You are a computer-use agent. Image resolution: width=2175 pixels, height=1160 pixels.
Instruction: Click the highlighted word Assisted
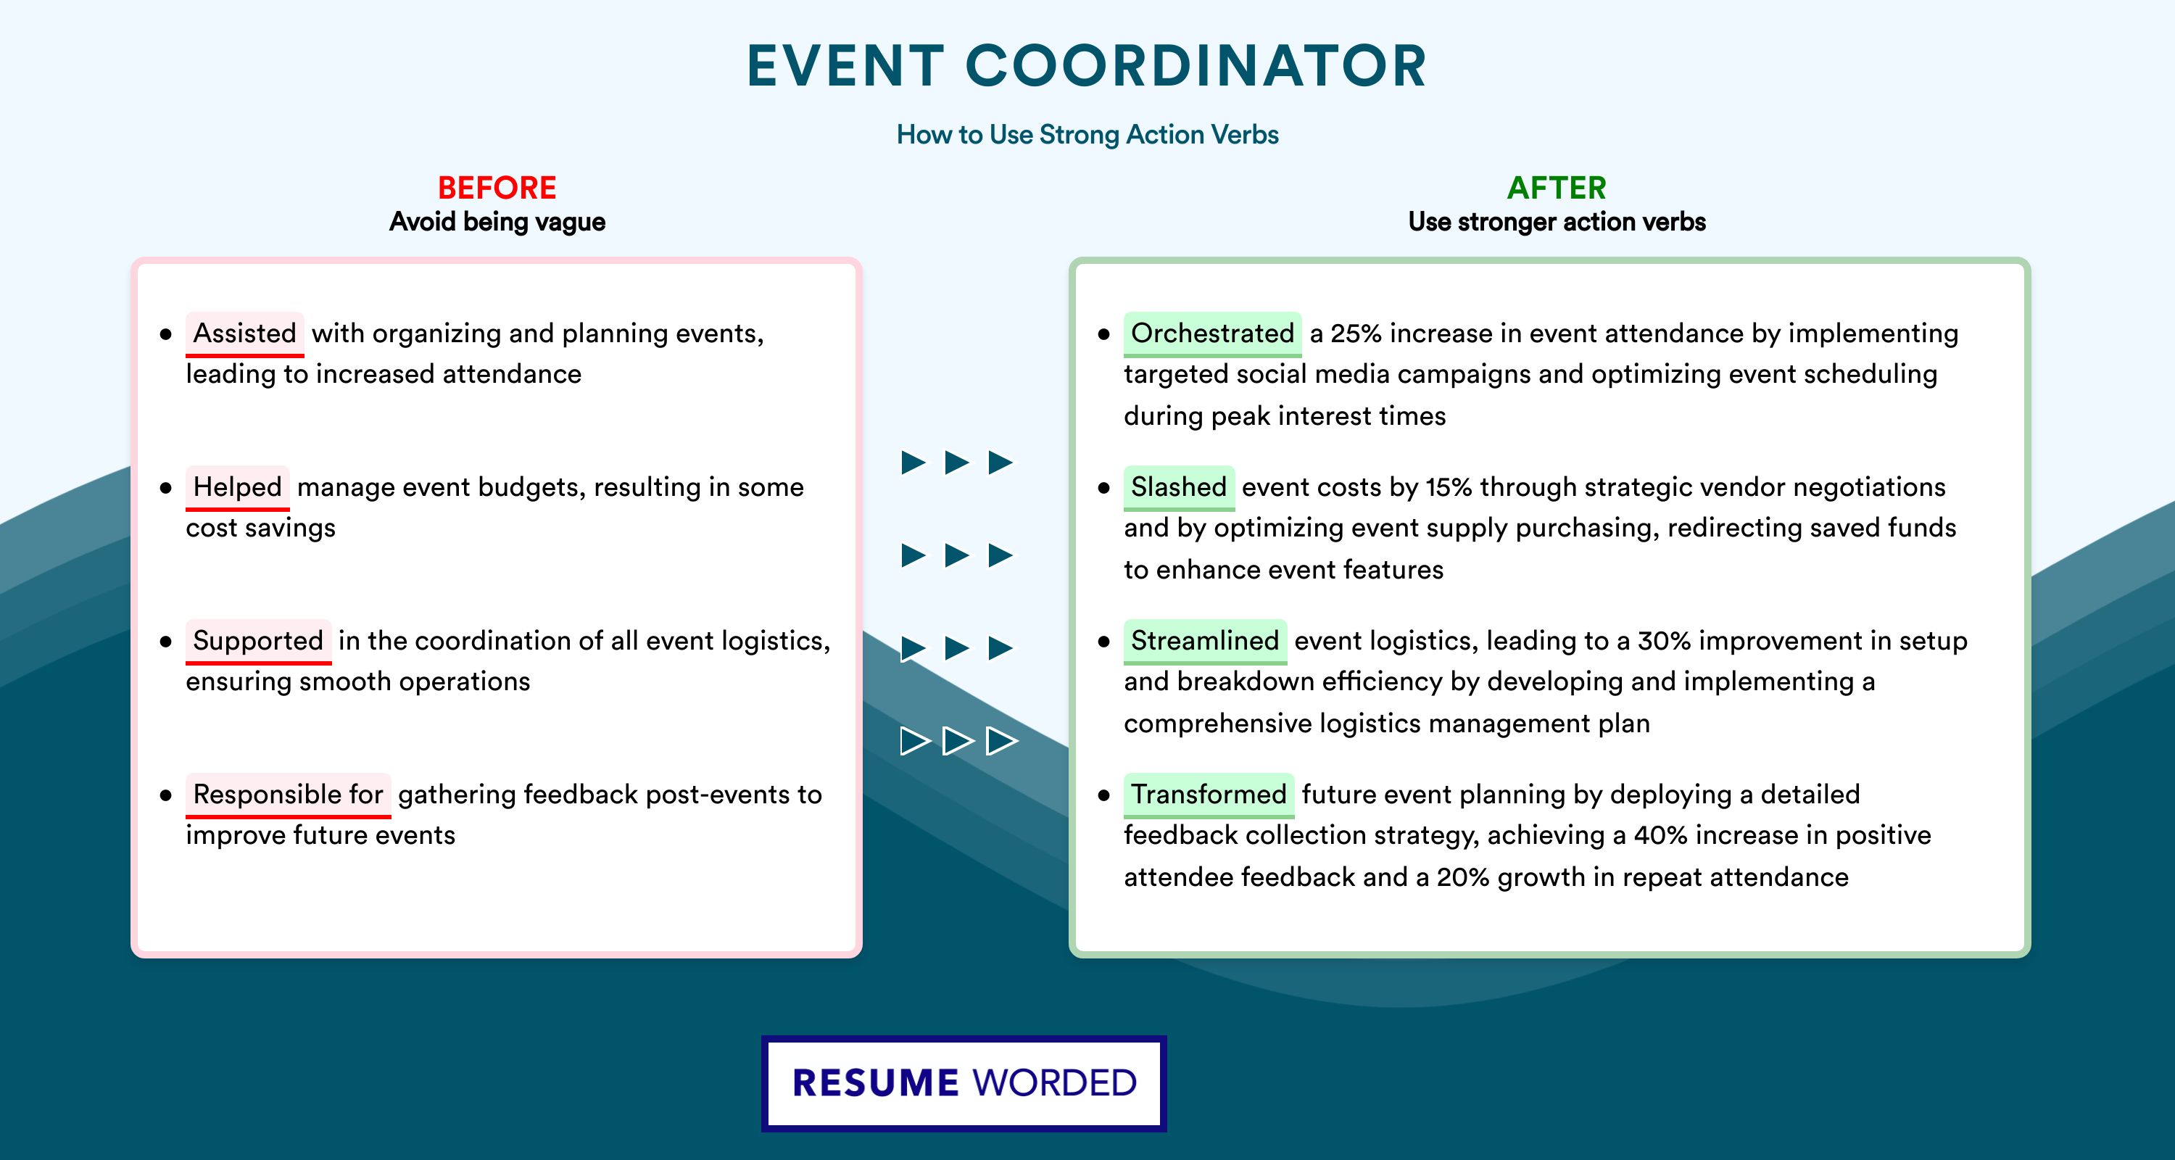point(245,333)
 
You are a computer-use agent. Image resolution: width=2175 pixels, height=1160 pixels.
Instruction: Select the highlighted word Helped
point(237,487)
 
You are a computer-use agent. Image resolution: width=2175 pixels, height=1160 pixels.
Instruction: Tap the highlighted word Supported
point(258,641)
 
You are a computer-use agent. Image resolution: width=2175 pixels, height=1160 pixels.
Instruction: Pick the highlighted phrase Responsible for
point(288,795)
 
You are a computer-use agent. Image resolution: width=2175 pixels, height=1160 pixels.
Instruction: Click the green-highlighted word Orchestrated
point(1212,333)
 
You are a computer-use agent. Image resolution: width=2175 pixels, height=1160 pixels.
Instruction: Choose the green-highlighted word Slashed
point(1179,487)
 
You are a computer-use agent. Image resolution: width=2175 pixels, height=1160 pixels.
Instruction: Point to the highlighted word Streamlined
point(1205,641)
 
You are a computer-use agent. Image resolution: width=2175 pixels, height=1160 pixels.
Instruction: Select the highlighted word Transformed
point(1209,795)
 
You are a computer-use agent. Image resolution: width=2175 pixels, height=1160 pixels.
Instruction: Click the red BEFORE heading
point(497,188)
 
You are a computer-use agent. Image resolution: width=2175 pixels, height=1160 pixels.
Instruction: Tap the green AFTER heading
point(1557,188)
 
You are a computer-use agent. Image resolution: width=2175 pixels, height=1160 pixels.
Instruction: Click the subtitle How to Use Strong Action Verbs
point(1087,134)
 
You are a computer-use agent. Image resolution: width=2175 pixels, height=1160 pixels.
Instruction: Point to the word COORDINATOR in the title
point(1196,66)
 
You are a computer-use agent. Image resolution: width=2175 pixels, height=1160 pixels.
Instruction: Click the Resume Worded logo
point(964,1083)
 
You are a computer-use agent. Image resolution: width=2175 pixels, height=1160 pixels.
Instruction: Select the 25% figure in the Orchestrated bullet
point(1356,333)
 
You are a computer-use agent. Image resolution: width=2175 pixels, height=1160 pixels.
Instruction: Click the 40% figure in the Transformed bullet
point(1660,835)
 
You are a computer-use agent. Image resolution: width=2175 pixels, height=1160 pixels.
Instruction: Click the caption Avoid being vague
point(497,222)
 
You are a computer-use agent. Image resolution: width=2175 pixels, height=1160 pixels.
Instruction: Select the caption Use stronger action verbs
point(1557,222)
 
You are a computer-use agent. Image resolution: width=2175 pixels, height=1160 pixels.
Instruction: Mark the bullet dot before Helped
point(165,488)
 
